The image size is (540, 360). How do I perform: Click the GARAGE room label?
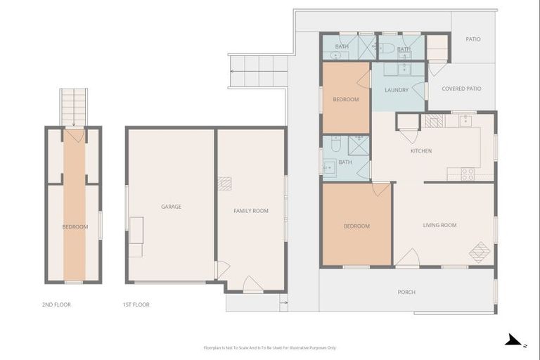[x=171, y=207]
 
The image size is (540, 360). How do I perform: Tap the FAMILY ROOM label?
[x=251, y=211]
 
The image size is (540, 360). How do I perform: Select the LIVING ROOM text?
[x=439, y=226]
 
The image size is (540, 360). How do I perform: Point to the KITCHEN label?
[x=421, y=151]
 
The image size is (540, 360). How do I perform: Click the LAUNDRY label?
[x=397, y=90]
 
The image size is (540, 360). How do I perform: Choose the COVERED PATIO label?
[x=461, y=89]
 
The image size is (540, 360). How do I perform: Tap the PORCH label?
[x=406, y=292]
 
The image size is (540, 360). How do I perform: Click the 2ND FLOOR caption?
[x=56, y=304]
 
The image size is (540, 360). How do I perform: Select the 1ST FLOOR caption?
[x=135, y=304]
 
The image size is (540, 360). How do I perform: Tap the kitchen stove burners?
[x=467, y=174]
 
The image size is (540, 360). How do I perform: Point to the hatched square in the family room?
[x=224, y=184]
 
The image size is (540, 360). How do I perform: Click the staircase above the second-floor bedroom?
[x=73, y=106]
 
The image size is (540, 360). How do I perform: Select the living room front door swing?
[x=407, y=258]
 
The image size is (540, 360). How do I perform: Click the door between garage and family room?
[x=222, y=269]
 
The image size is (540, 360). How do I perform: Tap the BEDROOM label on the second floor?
[x=75, y=227]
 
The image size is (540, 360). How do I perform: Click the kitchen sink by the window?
[x=465, y=120]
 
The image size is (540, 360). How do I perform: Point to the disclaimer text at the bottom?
[x=269, y=347]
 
